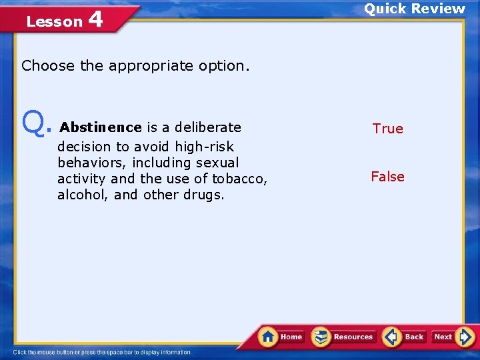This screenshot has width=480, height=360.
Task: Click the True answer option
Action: point(387,129)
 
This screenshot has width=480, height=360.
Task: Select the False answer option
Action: point(387,177)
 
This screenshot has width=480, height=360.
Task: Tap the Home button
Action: point(281,337)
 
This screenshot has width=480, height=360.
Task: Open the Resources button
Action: point(344,337)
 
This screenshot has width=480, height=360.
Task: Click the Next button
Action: point(451,337)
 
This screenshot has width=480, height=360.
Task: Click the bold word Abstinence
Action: point(101,127)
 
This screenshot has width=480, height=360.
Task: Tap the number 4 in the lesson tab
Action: point(95,19)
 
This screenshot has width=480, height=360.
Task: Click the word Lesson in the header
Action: point(54,22)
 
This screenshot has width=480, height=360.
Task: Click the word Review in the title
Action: point(438,9)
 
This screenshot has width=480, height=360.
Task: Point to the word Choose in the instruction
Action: point(49,66)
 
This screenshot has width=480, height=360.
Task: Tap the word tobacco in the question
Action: point(239,179)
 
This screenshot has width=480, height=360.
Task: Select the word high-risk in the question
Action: point(205,146)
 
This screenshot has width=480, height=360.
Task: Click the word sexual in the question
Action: point(216,163)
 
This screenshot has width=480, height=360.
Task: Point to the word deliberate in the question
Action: point(207,127)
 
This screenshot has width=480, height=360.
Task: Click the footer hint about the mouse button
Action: point(102,352)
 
